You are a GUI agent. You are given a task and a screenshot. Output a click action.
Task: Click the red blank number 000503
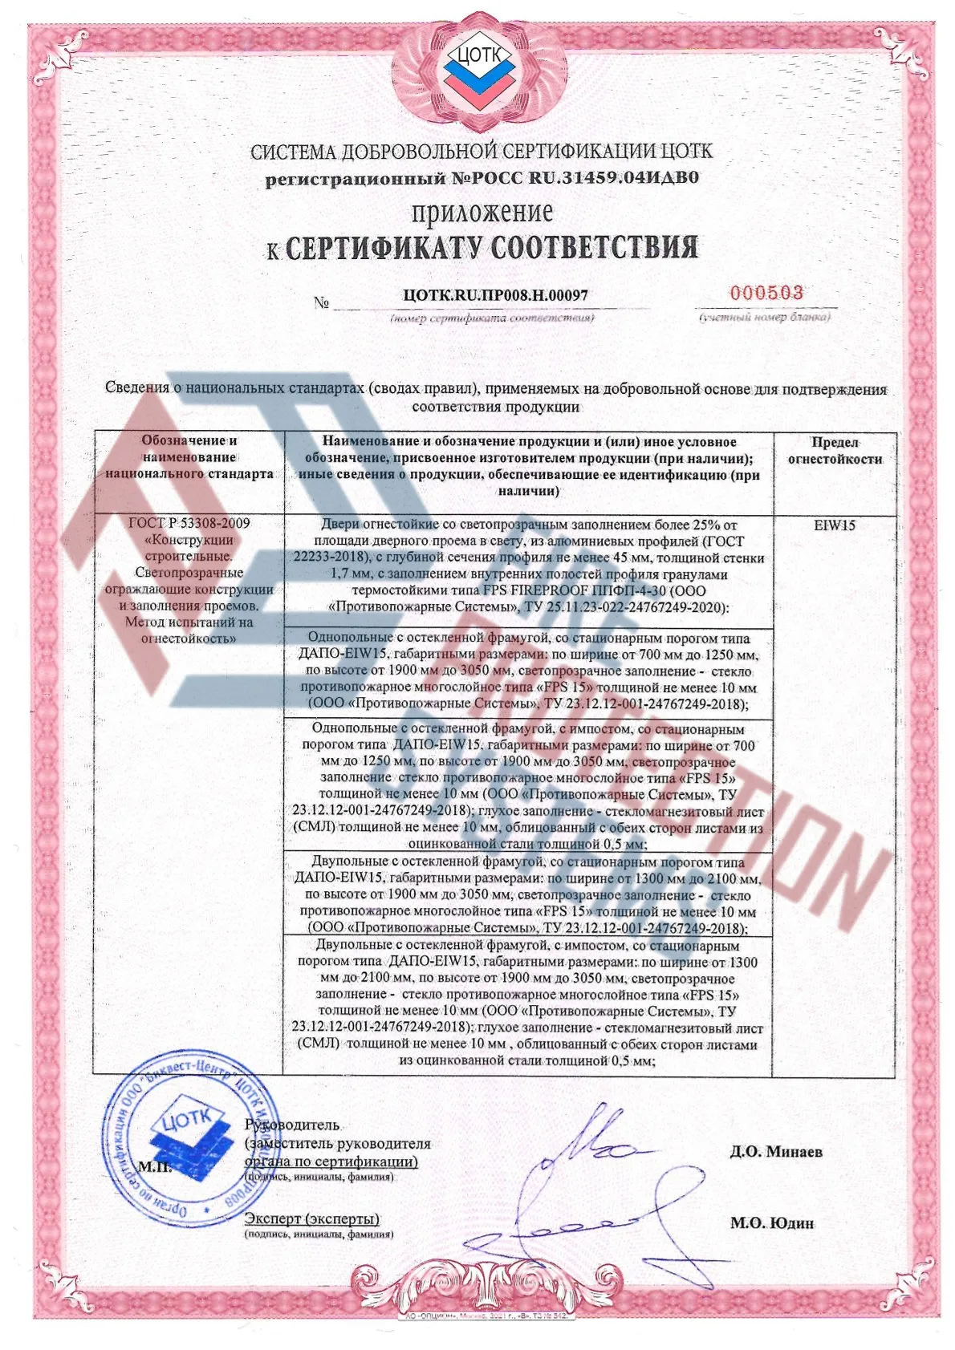coord(766,293)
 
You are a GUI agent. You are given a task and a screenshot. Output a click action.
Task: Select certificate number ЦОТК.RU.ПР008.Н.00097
coord(495,295)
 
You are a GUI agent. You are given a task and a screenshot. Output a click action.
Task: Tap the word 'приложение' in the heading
coord(482,213)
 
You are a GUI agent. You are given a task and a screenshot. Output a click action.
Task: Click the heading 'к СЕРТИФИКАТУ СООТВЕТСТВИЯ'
coord(482,248)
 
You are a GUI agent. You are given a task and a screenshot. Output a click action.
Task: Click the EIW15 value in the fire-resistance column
coord(834,526)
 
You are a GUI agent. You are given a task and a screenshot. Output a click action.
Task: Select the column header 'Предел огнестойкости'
coord(834,451)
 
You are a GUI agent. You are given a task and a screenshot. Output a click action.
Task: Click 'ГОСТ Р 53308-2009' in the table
coord(189,523)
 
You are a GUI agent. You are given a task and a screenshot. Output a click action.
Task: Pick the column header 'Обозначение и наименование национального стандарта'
coord(189,457)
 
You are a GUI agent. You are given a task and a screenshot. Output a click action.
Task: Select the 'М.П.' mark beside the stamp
coord(154,1166)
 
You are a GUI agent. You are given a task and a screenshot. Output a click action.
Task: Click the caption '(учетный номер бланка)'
coord(765,317)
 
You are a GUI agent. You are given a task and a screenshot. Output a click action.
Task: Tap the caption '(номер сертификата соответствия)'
coord(492,318)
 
